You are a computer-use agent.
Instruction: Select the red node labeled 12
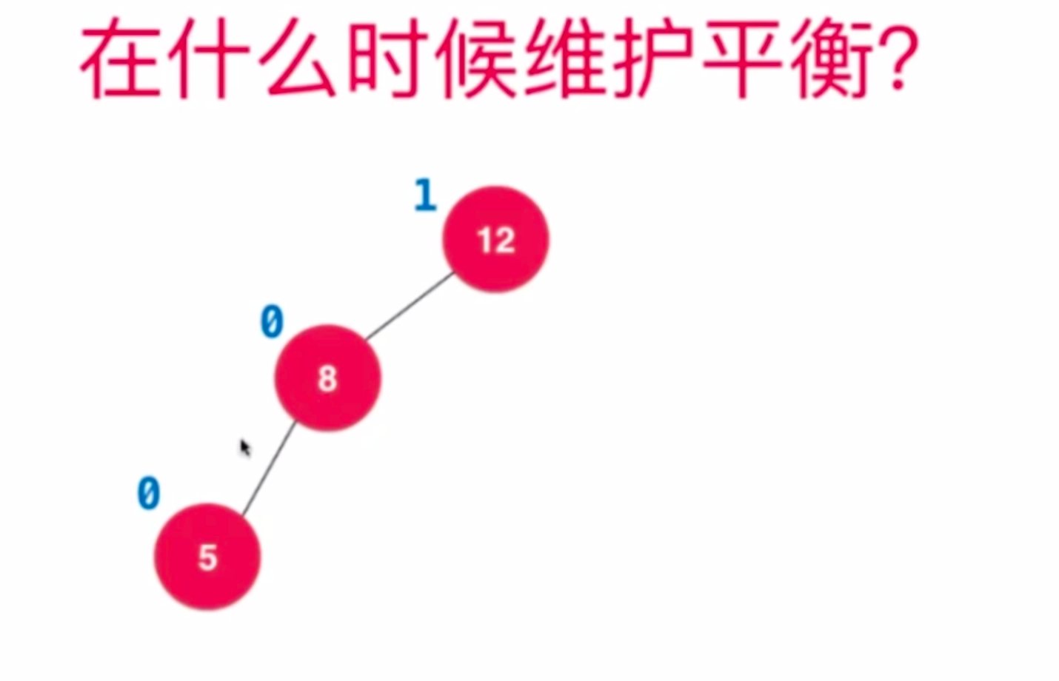(496, 239)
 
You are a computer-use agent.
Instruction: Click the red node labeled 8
(327, 378)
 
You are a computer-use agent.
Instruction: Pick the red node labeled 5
(207, 557)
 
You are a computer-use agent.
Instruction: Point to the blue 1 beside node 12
(425, 195)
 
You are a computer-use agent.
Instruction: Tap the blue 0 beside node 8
(272, 323)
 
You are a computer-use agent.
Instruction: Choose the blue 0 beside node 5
(149, 493)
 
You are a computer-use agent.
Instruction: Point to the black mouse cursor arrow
(245, 448)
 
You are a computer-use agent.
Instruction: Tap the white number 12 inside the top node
(496, 240)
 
